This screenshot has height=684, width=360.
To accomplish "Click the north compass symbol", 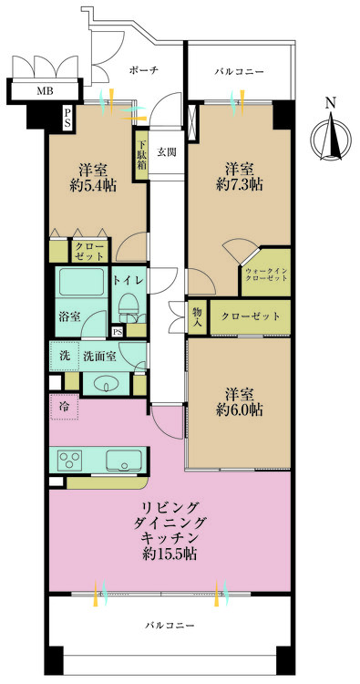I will [x=331, y=138].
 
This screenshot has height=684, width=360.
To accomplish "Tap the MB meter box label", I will [x=45, y=91].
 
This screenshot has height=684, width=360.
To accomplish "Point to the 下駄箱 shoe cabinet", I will [x=143, y=156].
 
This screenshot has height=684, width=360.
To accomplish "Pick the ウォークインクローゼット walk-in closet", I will [x=266, y=272].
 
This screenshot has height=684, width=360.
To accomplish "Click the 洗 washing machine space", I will [x=64, y=357].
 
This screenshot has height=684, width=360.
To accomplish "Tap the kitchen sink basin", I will [x=121, y=459].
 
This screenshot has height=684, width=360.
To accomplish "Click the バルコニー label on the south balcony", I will [x=170, y=627].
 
